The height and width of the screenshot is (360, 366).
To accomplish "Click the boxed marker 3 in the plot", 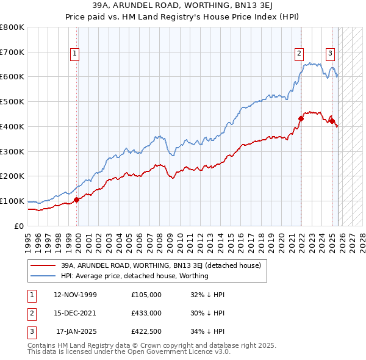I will click(x=330, y=53).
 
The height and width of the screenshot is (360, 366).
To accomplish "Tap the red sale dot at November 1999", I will click(x=77, y=200).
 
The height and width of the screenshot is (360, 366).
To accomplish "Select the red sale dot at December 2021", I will click(x=301, y=118).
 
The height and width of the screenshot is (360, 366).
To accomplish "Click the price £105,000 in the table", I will click(x=146, y=295).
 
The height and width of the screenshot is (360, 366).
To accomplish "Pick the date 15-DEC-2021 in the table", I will click(x=75, y=313).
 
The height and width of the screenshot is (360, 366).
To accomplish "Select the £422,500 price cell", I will click(x=146, y=331).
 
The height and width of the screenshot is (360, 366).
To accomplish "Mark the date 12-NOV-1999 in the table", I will click(x=75, y=295).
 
